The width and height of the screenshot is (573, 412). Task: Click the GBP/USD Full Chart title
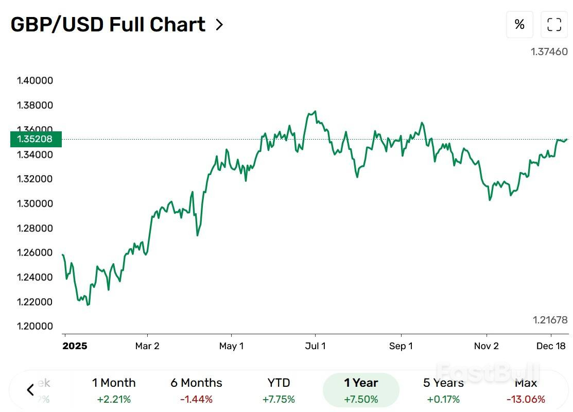click(108, 25)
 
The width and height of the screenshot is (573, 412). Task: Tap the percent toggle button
click(519, 24)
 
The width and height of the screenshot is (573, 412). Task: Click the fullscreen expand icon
click(554, 24)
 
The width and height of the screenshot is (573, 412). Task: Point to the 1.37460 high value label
click(549, 51)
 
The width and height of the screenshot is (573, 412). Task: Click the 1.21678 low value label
click(550, 320)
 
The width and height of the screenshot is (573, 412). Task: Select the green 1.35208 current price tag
click(36, 139)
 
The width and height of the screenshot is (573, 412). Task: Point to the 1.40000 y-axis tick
click(35, 81)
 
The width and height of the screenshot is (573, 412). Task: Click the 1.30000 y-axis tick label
click(35, 203)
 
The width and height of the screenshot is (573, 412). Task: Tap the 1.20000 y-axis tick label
click(35, 326)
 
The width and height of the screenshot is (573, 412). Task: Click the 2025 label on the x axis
click(75, 346)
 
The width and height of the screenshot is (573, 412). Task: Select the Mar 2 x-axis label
click(147, 346)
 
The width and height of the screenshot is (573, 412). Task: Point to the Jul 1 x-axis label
click(315, 346)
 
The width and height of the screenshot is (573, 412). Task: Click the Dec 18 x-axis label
click(551, 346)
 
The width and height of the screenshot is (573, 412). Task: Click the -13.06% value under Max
click(526, 399)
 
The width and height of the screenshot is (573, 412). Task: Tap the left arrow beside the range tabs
click(30, 390)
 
